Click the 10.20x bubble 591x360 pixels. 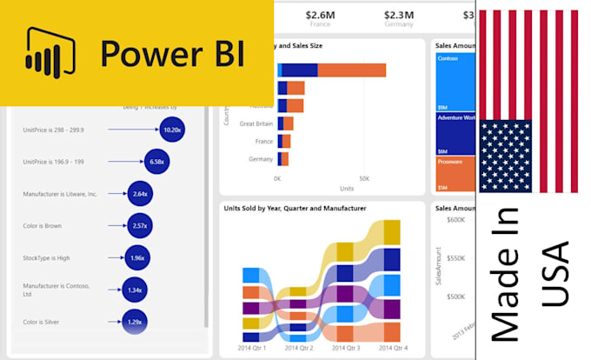[172, 130]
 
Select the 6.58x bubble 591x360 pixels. [157, 162]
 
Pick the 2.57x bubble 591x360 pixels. [140, 226]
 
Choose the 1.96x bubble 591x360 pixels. [136, 258]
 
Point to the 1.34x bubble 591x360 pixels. [134, 290]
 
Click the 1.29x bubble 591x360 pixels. [134, 323]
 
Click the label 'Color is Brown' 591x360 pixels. [43, 226]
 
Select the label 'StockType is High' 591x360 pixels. [47, 258]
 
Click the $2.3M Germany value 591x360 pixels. [399, 14]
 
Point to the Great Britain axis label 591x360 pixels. [256, 123]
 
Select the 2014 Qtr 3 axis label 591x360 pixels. [348, 348]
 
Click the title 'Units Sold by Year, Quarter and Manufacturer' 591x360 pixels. [295, 209]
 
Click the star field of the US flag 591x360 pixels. [505, 156]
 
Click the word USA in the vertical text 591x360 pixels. [554, 273]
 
